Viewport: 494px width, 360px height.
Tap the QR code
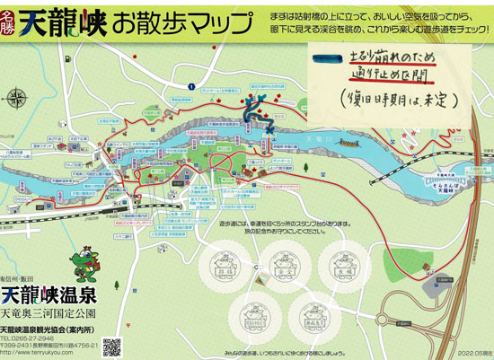pos(113,346)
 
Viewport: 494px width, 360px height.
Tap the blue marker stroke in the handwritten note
pos(321,60)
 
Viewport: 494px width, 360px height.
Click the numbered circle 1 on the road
pos(192,85)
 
